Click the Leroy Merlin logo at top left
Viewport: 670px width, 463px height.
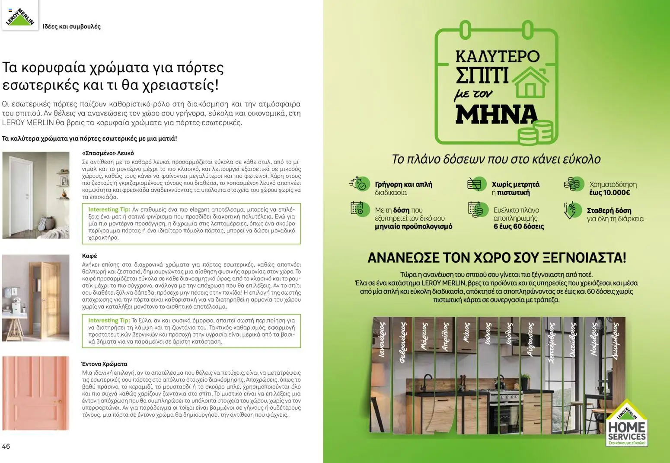click(20, 16)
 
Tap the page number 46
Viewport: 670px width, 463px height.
click(6, 447)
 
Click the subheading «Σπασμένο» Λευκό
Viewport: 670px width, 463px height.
click(108, 153)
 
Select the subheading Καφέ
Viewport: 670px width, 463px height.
click(89, 256)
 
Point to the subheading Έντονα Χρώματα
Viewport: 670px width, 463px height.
click(104, 364)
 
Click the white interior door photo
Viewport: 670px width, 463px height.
click(35, 195)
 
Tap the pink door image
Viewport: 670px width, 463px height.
click(35, 393)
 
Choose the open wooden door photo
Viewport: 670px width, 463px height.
click(35, 298)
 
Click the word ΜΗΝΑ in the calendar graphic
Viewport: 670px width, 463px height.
click(496, 114)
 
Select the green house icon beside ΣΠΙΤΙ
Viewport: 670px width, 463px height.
click(531, 82)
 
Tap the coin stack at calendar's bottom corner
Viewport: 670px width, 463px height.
click(536, 132)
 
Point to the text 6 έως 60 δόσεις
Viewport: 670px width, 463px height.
click(518, 226)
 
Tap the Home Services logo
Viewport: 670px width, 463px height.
click(626, 424)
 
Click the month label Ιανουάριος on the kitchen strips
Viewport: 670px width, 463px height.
click(382, 340)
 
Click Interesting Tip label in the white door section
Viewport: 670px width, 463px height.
click(109, 209)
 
